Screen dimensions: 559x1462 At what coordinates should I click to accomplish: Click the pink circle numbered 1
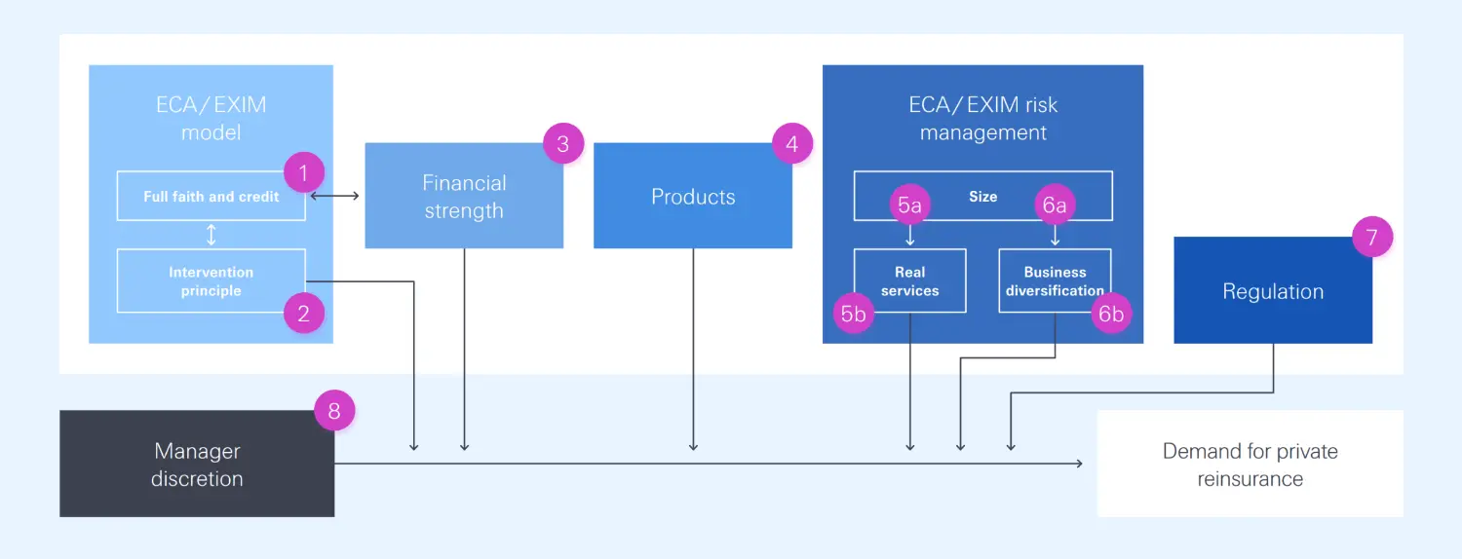tap(303, 173)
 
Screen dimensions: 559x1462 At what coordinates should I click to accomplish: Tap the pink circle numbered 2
tap(303, 314)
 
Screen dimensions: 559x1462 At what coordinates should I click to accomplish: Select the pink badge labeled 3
tap(562, 144)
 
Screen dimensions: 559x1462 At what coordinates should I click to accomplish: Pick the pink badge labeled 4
tap(791, 144)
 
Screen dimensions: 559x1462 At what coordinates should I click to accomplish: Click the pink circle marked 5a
tap(910, 205)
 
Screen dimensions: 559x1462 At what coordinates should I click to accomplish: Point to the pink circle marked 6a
tap(1055, 205)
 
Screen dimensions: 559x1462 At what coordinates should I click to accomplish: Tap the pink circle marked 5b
tap(854, 314)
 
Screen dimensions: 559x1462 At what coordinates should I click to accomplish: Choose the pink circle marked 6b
tap(1111, 314)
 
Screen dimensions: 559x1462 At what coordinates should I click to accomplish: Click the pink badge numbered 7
tap(1372, 237)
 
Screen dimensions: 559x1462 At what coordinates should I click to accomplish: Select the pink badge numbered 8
tap(334, 411)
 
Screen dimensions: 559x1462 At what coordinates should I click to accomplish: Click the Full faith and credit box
tap(211, 197)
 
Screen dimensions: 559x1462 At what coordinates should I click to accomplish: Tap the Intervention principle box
tap(211, 281)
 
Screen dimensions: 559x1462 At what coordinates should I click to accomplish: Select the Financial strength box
tap(464, 197)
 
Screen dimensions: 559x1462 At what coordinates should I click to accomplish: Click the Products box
tap(693, 197)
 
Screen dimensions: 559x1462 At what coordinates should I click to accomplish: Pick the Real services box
tap(909, 281)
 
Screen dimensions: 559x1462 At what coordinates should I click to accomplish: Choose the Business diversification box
tap(1055, 281)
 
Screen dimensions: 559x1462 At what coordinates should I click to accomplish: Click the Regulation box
tap(1273, 291)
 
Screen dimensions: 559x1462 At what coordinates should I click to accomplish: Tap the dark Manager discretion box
tap(197, 464)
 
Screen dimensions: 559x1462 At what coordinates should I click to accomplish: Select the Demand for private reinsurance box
tap(1250, 464)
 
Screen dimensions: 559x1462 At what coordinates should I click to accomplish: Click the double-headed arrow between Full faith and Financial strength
tap(334, 197)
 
